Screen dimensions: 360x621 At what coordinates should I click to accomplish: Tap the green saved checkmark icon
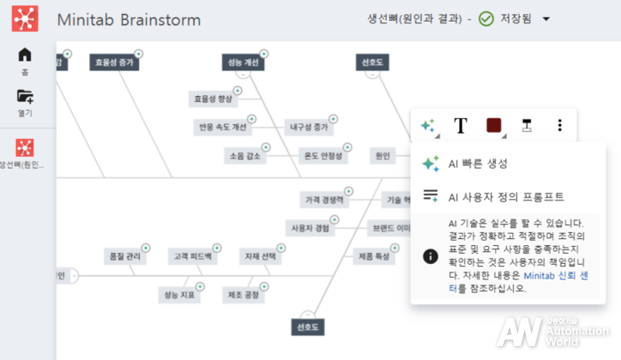pos(486,20)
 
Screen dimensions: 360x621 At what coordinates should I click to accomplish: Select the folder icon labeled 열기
pos(25,97)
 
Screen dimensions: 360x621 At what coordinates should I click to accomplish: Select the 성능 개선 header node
pos(242,62)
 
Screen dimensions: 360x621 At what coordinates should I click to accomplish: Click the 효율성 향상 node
pos(213,99)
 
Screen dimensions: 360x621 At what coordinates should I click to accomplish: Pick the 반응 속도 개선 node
pos(223,127)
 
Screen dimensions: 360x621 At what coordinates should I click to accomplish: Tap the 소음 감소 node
pos(244,155)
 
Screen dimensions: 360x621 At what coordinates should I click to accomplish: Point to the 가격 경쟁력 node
pos(324,200)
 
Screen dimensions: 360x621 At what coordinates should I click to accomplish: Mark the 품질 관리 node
pos(124,256)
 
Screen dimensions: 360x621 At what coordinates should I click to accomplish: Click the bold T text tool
pos(461,126)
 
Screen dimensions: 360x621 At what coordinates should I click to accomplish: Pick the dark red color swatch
pos(494,126)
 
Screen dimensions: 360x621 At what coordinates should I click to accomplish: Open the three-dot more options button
pos(559,126)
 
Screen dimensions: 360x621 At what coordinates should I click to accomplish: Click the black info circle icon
pos(430,255)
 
